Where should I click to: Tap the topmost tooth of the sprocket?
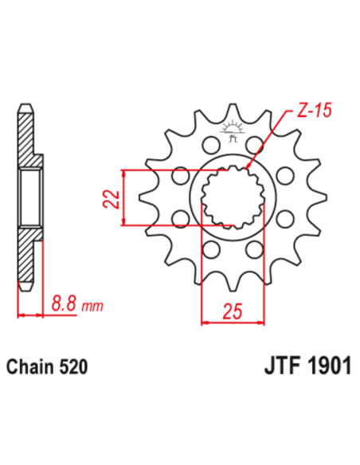[x=233, y=111]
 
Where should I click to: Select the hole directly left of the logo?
[x=210, y=145]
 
